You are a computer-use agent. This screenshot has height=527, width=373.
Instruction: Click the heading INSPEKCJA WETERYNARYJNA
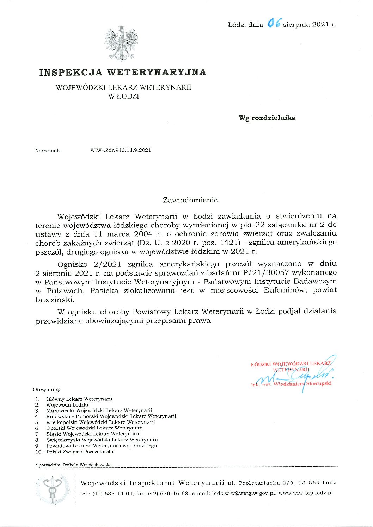pyautogui.click(x=123, y=72)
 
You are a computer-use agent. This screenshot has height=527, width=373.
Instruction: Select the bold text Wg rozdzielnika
pyautogui.click(x=267, y=118)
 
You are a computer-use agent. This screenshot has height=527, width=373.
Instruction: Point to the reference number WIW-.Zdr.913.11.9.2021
pyautogui.click(x=121, y=150)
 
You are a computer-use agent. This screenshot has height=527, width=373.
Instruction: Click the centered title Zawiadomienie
pyautogui.click(x=190, y=200)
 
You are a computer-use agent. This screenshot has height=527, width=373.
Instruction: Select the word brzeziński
pyautogui.click(x=55, y=299)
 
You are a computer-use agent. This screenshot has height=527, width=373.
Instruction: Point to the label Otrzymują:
pyautogui.click(x=47, y=389)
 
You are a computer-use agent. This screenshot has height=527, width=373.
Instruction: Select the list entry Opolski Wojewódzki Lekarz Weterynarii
pyautogui.click(x=94, y=428)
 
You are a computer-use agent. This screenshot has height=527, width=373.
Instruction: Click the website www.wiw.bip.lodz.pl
pyautogui.click(x=306, y=493)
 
